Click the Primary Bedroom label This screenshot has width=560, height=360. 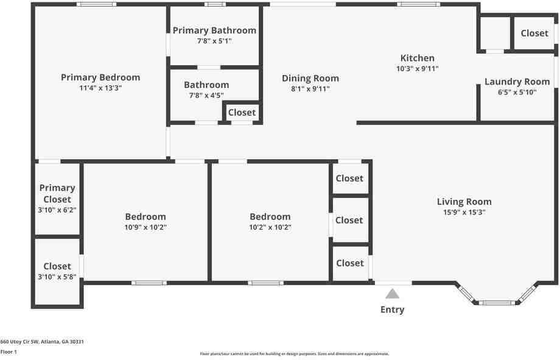[x=100, y=77]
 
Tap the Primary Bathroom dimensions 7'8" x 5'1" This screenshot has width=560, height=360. [x=214, y=41]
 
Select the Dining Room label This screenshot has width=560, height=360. [x=310, y=79]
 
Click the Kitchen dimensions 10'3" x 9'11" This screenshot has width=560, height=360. [x=417, y=69]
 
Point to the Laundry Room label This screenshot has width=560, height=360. [x=517, y=82]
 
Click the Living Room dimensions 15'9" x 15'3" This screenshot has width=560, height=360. [x=464, y=213]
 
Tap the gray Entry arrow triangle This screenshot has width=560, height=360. [x=392, y=294]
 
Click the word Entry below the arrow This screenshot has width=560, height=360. [x=392, y=309]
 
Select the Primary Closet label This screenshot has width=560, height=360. [x=57, y=194]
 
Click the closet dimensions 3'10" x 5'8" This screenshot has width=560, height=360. [x=57, y=277]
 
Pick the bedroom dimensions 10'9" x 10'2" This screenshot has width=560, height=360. [x=145, y=227]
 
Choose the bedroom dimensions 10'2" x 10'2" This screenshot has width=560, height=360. [x=270, y=227]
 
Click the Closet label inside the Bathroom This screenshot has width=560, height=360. [x=242, y=113]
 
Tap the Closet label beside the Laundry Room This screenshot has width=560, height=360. [x=534, y=34]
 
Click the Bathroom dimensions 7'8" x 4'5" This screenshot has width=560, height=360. [x=206, y=96]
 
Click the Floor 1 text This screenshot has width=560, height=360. [x=9, y=352]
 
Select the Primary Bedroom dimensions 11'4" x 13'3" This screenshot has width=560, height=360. [x=100, y=88]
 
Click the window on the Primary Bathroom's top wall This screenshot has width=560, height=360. [x=215, y=4]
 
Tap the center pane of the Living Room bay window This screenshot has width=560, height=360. [x=497, y=303]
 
